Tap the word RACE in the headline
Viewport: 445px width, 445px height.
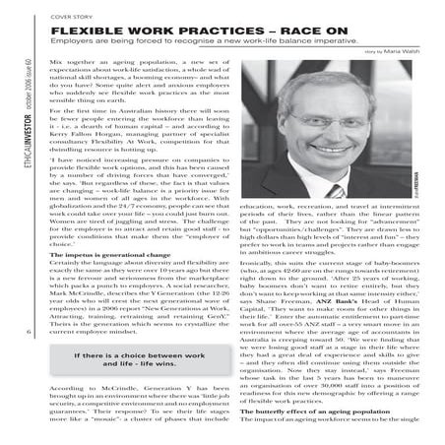(327, 32)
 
